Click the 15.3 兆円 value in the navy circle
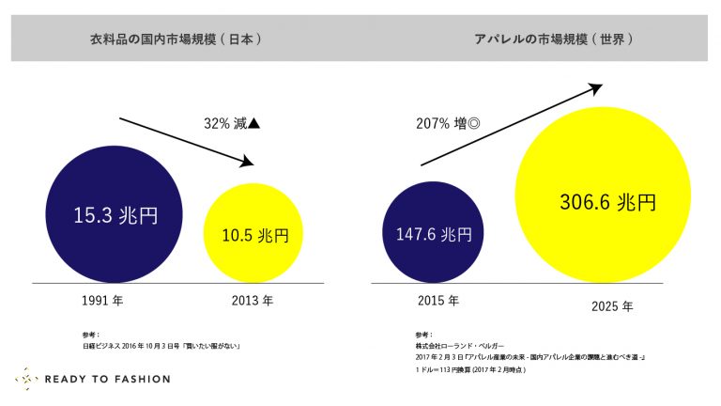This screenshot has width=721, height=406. pyautogui.click(x=115, y=215)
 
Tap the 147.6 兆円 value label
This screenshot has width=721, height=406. pyautogui.click(x=434, y=234)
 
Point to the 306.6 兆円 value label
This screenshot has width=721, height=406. pyautogui.click(x=607, y=202)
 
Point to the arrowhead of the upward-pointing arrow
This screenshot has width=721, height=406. pyautogui.click(x=594, y=88)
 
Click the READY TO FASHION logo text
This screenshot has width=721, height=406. pyautogui.click(x=107, y=379)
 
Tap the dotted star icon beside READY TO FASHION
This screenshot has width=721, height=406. pyautogui.click(x=25, y=379)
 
